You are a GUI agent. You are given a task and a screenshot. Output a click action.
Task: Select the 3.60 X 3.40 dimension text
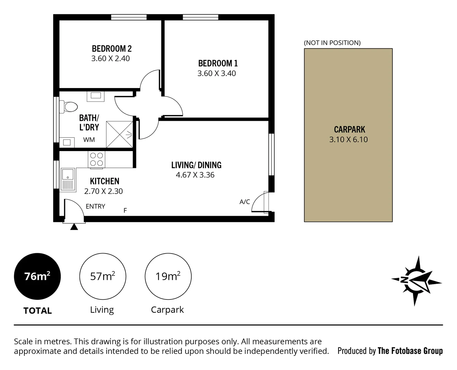click(216, 73)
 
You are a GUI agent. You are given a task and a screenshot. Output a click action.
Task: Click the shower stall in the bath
click(119, 134)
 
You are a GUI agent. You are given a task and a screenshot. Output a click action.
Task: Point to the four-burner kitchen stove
click(96, 160)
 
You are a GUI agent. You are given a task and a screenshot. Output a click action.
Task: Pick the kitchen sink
click(68, 179)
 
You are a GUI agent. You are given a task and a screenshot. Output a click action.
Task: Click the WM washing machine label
click(89, 140)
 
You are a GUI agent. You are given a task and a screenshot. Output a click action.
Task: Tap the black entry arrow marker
click(74, 226)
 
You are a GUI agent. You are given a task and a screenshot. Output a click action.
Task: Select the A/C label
click(244, 202)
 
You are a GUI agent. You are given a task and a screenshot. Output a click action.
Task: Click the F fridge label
click(125, 211)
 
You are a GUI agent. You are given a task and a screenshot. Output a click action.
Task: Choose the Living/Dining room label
click(196, 165)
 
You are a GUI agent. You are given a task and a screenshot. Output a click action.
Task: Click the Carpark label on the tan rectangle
click(349, 129)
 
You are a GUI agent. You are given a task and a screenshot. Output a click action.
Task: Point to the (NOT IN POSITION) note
click(332, 43)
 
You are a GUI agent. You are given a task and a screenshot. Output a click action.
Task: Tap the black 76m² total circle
click(37, 276)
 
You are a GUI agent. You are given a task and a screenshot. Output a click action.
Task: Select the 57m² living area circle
click(103, 276)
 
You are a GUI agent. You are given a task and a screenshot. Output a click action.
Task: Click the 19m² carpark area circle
click(168, 276)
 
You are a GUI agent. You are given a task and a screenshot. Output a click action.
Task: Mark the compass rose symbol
click(416, 281)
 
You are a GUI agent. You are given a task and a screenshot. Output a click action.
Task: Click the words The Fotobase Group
click(410, 351)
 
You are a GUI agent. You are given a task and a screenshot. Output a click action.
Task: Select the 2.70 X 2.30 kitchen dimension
click(103, 191)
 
